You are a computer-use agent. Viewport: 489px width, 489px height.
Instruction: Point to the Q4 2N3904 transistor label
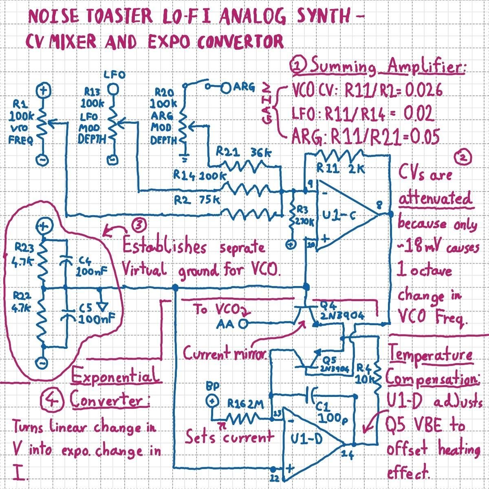[341, 311]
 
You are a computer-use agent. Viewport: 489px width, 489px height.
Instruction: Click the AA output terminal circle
[244, 324]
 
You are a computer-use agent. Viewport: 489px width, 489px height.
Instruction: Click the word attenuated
[435, 199]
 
